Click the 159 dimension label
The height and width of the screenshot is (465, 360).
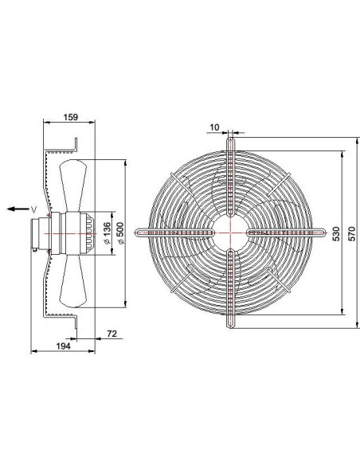[x=71, y=117]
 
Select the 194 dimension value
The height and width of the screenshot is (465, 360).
[x=63, y=346]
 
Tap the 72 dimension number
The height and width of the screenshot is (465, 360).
[x=112, y=334]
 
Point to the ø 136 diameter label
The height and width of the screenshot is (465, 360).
[x=107, y=233]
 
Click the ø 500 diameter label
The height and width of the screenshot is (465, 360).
[x=121, y=233]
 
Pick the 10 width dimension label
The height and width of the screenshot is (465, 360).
[x=214, y=127]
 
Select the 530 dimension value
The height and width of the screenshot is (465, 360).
[x=335, y=233]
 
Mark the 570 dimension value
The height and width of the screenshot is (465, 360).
[x=351, y=233]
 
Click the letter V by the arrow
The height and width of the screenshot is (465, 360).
[x=33, y=209]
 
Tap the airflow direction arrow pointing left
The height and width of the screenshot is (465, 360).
[x=18, y=209]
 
